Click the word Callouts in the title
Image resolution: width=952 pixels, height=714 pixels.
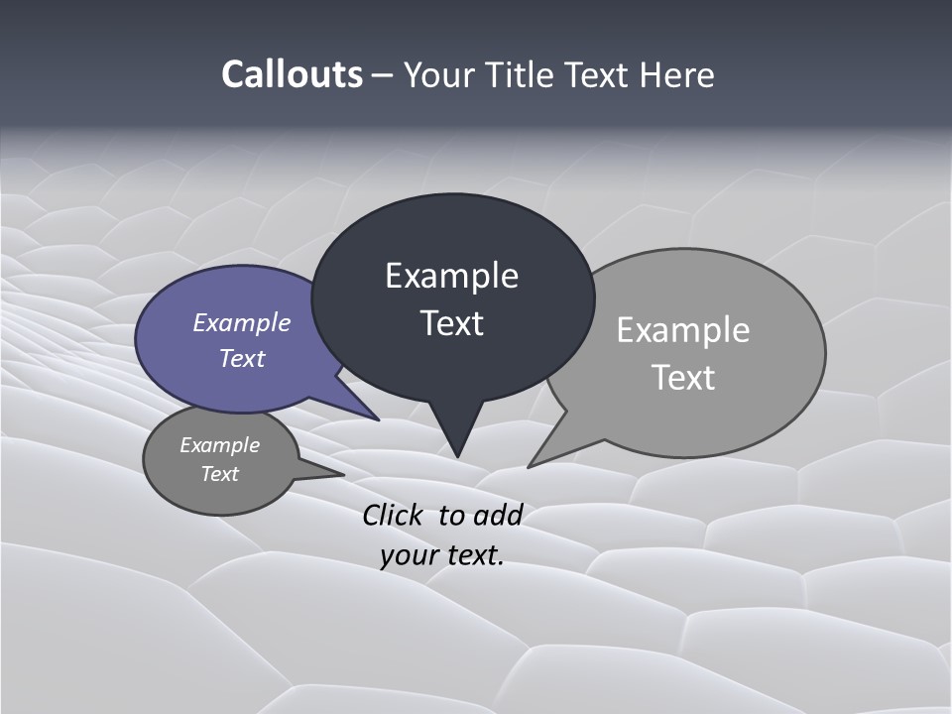pyautogui.click(x=292, y=74)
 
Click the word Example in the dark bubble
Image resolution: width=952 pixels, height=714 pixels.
pyautogui.click(x=451, y=276)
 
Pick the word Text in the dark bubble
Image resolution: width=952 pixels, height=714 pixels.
pyautogui.click(x=451, y=323)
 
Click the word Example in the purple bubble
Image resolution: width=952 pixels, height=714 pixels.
pyautogui.click(x=241, y=322)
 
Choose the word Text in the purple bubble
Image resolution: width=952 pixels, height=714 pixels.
pyautogui.click(x=241, y=358)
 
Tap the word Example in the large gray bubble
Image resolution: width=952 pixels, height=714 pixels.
pyautogui.click(x=682, y=330)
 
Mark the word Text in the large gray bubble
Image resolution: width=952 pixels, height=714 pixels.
pyautogui.click(x=683, y=378)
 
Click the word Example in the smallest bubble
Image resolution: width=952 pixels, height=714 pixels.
pyautogui.click(x=219, y=445)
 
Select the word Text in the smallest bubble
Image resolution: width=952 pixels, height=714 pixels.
pyautogui.click(x=219, y=474)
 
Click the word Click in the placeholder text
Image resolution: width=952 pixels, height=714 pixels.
pyautogui.click(x=393, y=515)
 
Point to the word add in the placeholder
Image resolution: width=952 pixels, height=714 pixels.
pyautogui.click(x=498, y=515)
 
